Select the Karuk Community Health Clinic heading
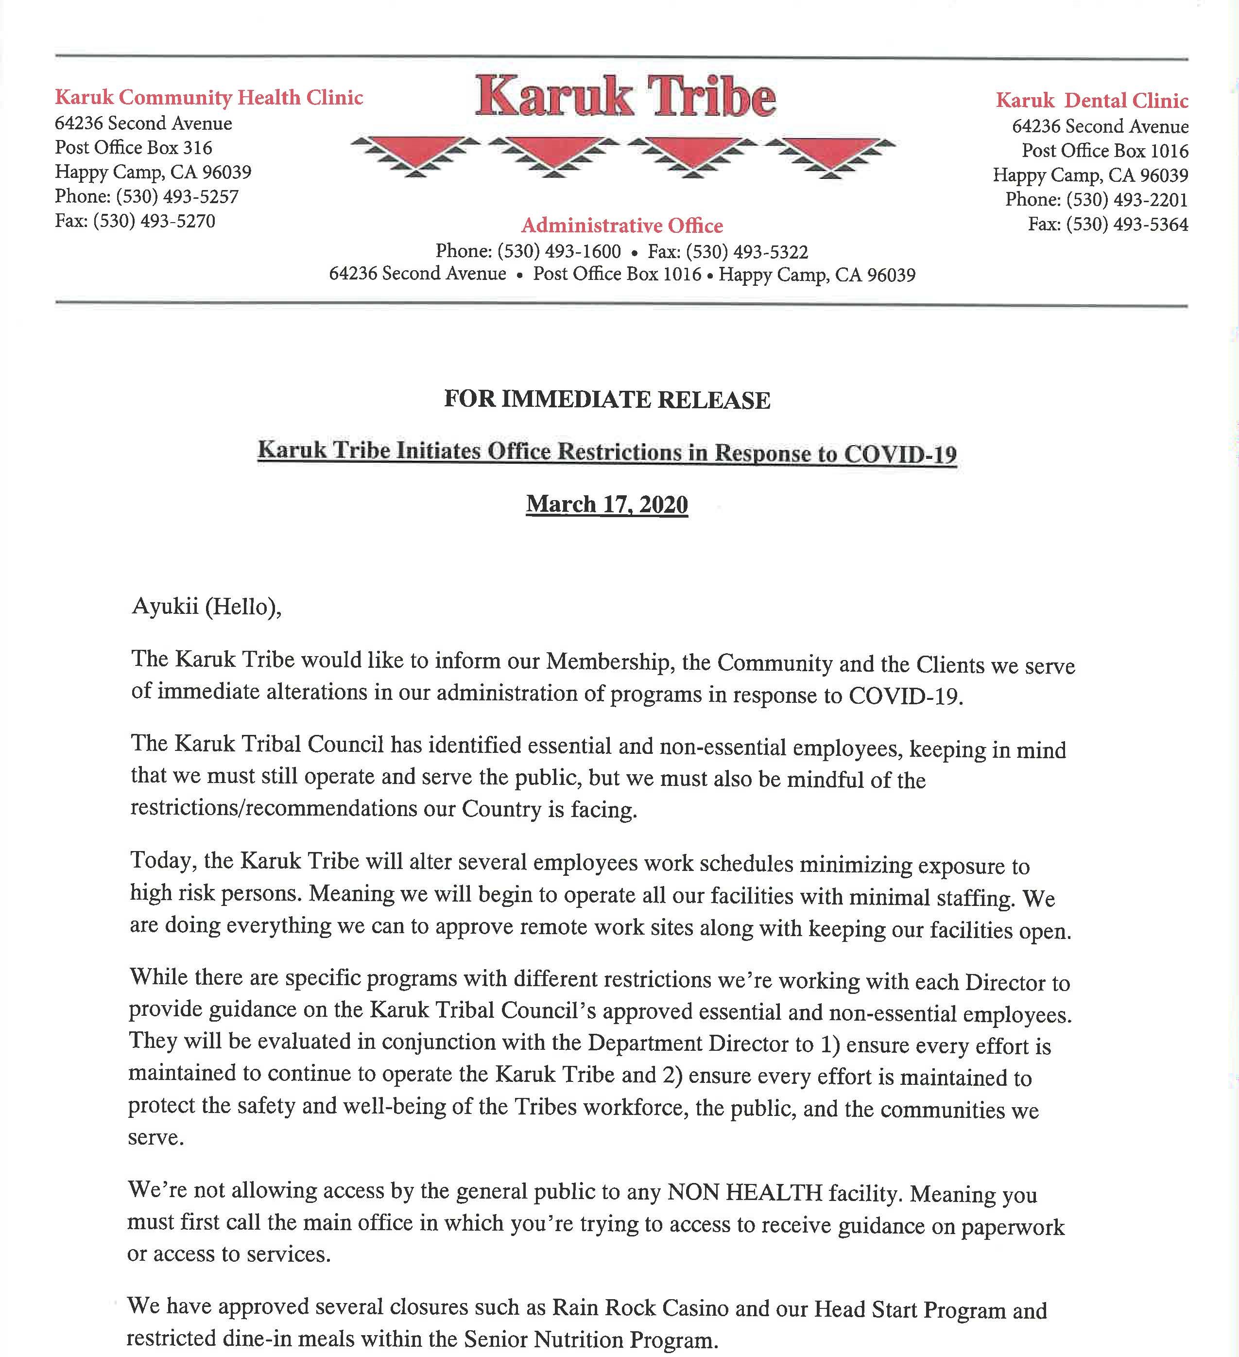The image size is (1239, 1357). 208,98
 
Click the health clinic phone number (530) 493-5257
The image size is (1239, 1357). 177,196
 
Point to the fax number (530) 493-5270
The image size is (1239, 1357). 154,221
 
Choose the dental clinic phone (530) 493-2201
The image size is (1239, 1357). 1127,200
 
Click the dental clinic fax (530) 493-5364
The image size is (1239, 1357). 1127,224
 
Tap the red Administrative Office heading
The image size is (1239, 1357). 622,226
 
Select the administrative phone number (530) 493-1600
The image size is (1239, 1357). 559,252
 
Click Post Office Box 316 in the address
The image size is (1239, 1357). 133,147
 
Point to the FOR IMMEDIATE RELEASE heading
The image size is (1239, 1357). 606,400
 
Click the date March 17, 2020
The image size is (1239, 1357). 606,504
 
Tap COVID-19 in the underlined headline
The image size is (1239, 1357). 899,455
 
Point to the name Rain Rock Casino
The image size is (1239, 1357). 639,1308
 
